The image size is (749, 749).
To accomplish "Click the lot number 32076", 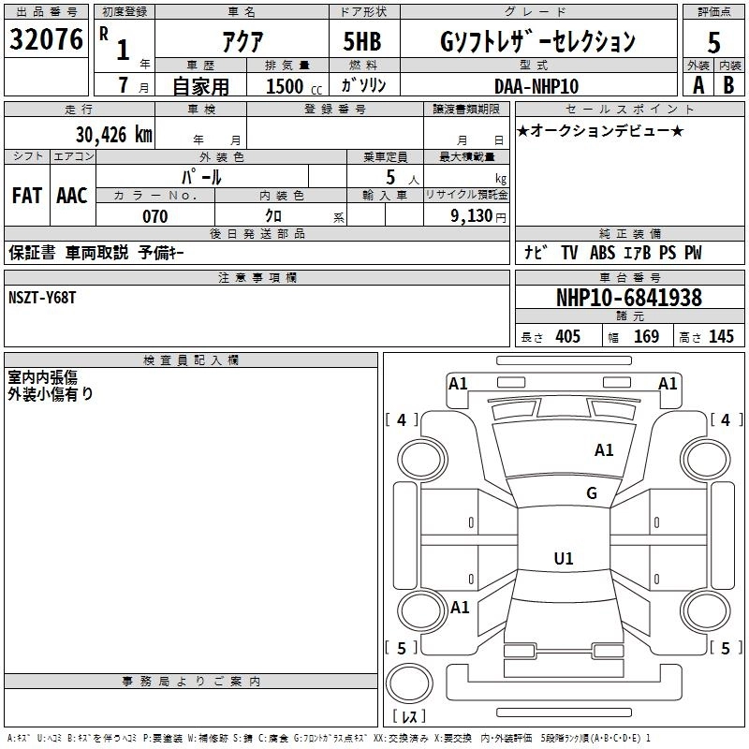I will click(47, 41).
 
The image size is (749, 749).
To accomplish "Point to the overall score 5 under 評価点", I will click(714, 42).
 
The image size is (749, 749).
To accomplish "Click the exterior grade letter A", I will click(698, 84).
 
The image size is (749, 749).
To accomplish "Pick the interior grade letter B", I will click(728, 84).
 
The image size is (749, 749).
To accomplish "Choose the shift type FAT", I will click(26, 196).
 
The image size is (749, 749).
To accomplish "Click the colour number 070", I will click(154, 216).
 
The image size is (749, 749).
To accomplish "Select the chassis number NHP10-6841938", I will click(628, 298).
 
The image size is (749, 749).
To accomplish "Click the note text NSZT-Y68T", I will click(42, 297).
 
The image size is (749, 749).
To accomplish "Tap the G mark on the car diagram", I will click(592, 493).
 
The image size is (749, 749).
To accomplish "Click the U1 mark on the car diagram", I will click(564, 559).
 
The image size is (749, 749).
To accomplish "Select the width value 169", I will click(646, 337).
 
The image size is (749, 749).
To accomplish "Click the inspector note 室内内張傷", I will click(42, 376).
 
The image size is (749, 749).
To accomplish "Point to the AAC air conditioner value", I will click(71, 196).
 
